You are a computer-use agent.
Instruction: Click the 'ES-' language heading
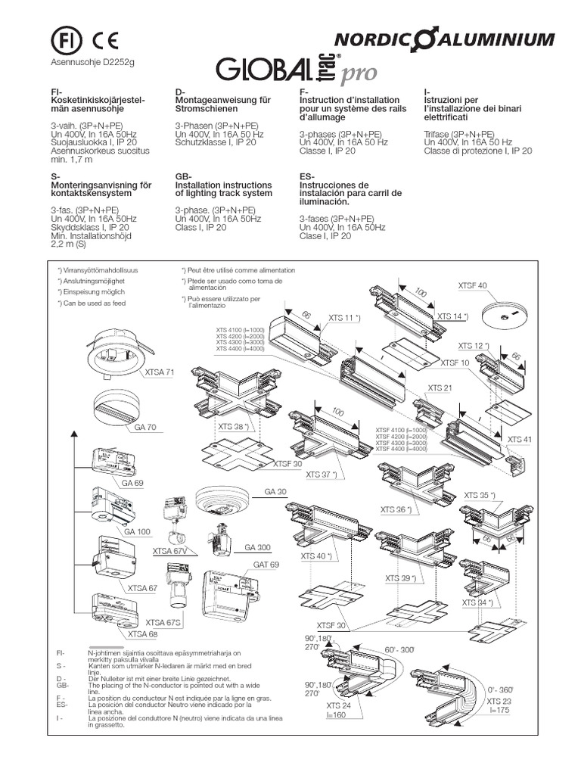point(309,176)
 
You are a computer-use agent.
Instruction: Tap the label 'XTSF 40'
point(473,285)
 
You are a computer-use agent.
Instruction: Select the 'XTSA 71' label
point(159,372)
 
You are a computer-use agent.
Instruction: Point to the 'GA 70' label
point(145,428)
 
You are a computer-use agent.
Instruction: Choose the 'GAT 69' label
point(266,565)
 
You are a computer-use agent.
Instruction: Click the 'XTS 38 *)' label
point(235,426)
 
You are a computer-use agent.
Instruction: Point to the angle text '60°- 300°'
point(400,649)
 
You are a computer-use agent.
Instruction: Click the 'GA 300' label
point(257,547)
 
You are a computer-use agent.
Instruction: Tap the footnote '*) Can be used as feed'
point(92,303)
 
